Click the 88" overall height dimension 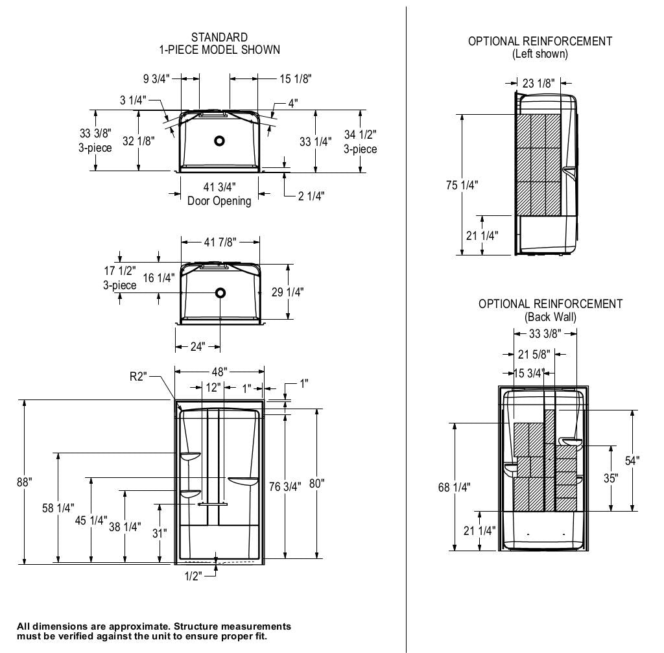click(x=25, y=482)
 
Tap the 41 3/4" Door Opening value click(x=219, y=188)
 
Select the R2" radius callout click(x=139, y=376)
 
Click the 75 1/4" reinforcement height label click(x=462, y=185)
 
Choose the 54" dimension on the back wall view click(x=632, y=460)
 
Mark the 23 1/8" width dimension click(x=538, y=83)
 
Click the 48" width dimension click(x=219, y=372)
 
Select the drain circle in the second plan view click(x=220, y=292)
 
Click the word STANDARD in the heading click(x=219, y=38)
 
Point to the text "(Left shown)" click(x=539, y=54)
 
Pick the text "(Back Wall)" click(x=551, y=317)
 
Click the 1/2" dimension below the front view click(x=193, y=575)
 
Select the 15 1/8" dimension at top click(x=296, y=79)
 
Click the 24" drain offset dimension click(x=198, y=346)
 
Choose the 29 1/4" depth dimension click(x=287, y=292)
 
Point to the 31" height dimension click(x=160, y=533)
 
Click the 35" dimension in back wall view click(x=610, y=479)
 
